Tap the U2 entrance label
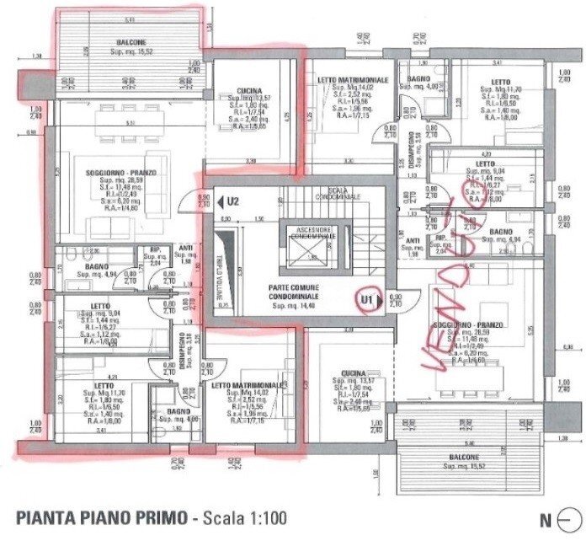(233, 201)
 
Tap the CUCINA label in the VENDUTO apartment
(352, 373)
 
